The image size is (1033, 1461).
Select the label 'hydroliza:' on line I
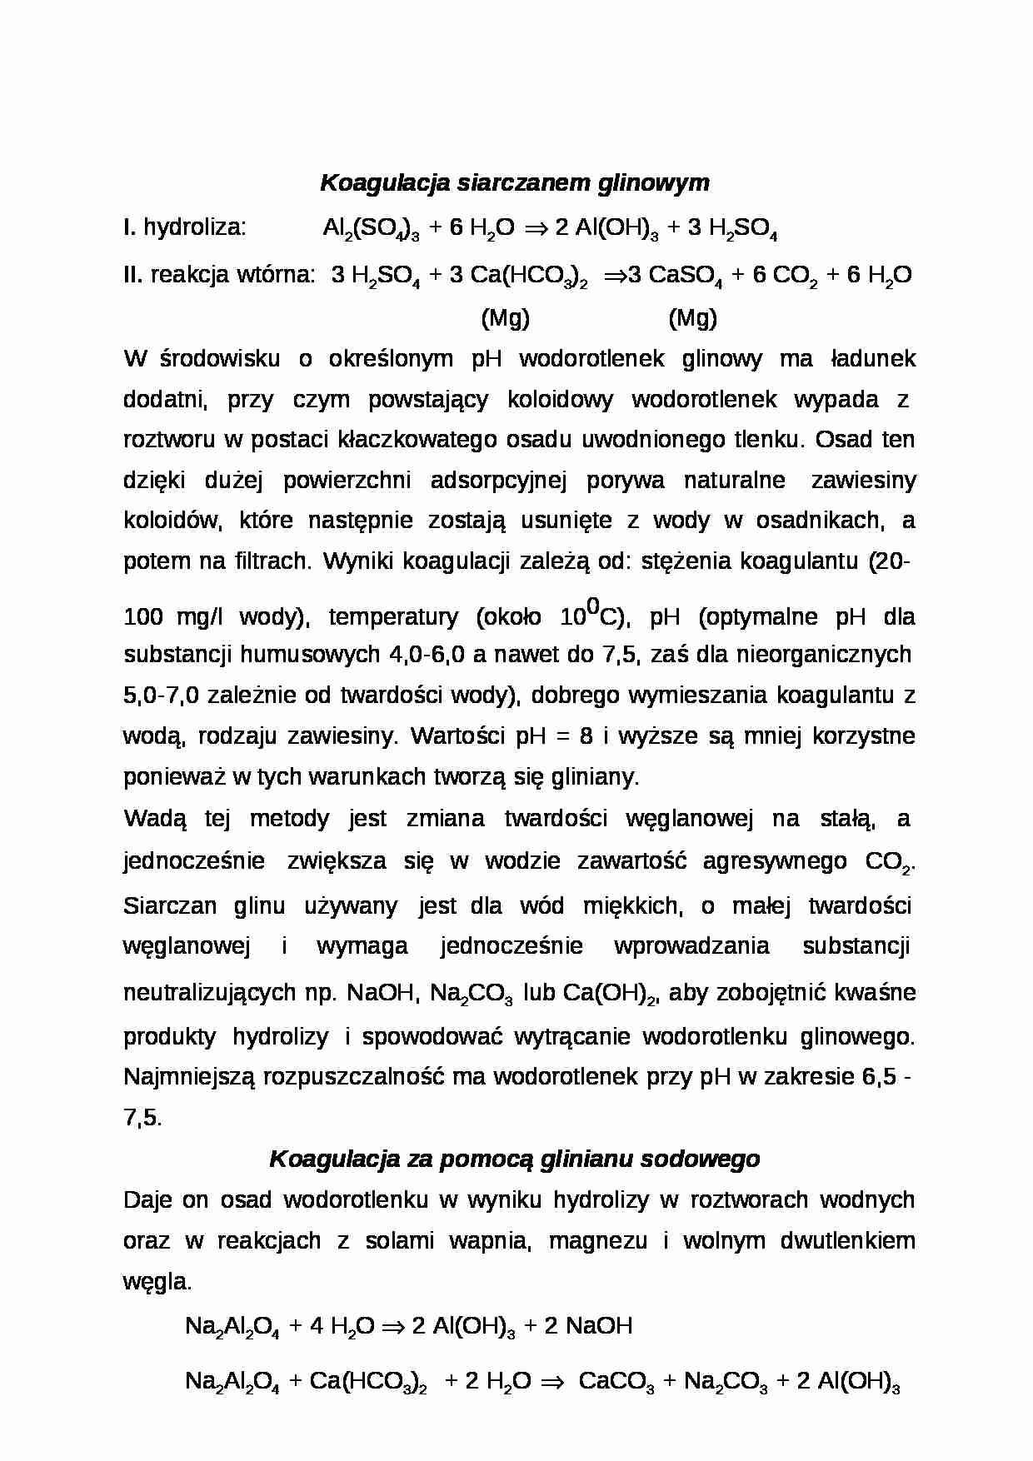point(195,227)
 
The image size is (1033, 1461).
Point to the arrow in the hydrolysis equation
point(534,227)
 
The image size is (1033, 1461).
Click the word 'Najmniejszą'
point(189,1077)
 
